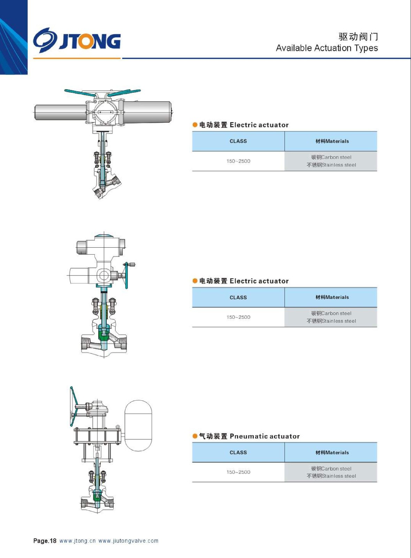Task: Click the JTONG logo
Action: coord(77,40)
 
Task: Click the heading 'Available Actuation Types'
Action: coord(327,48)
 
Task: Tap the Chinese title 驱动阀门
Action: coord(358,37)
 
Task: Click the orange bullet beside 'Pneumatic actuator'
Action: coord(195,436)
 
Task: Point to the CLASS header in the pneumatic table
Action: coord(238,452)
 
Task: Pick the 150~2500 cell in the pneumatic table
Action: coord(238,472)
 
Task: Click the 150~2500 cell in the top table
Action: coord(238,161)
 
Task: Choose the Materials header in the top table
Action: coord(332,141)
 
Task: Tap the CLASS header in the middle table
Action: coord(238,297)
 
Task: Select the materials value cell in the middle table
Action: coord(331,317)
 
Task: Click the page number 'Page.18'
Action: coord(45,541)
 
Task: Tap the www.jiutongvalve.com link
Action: coord(128,541)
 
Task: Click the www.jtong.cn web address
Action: coord(77,541)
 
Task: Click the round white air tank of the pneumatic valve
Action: coord(138,425)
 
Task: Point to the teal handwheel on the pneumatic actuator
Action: coord(74,406)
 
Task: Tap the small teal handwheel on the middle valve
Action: coord(127,276)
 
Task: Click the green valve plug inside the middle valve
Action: coord(104,334)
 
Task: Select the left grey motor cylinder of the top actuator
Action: coord(60,112)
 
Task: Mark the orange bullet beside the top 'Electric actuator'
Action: coord(195,125)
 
